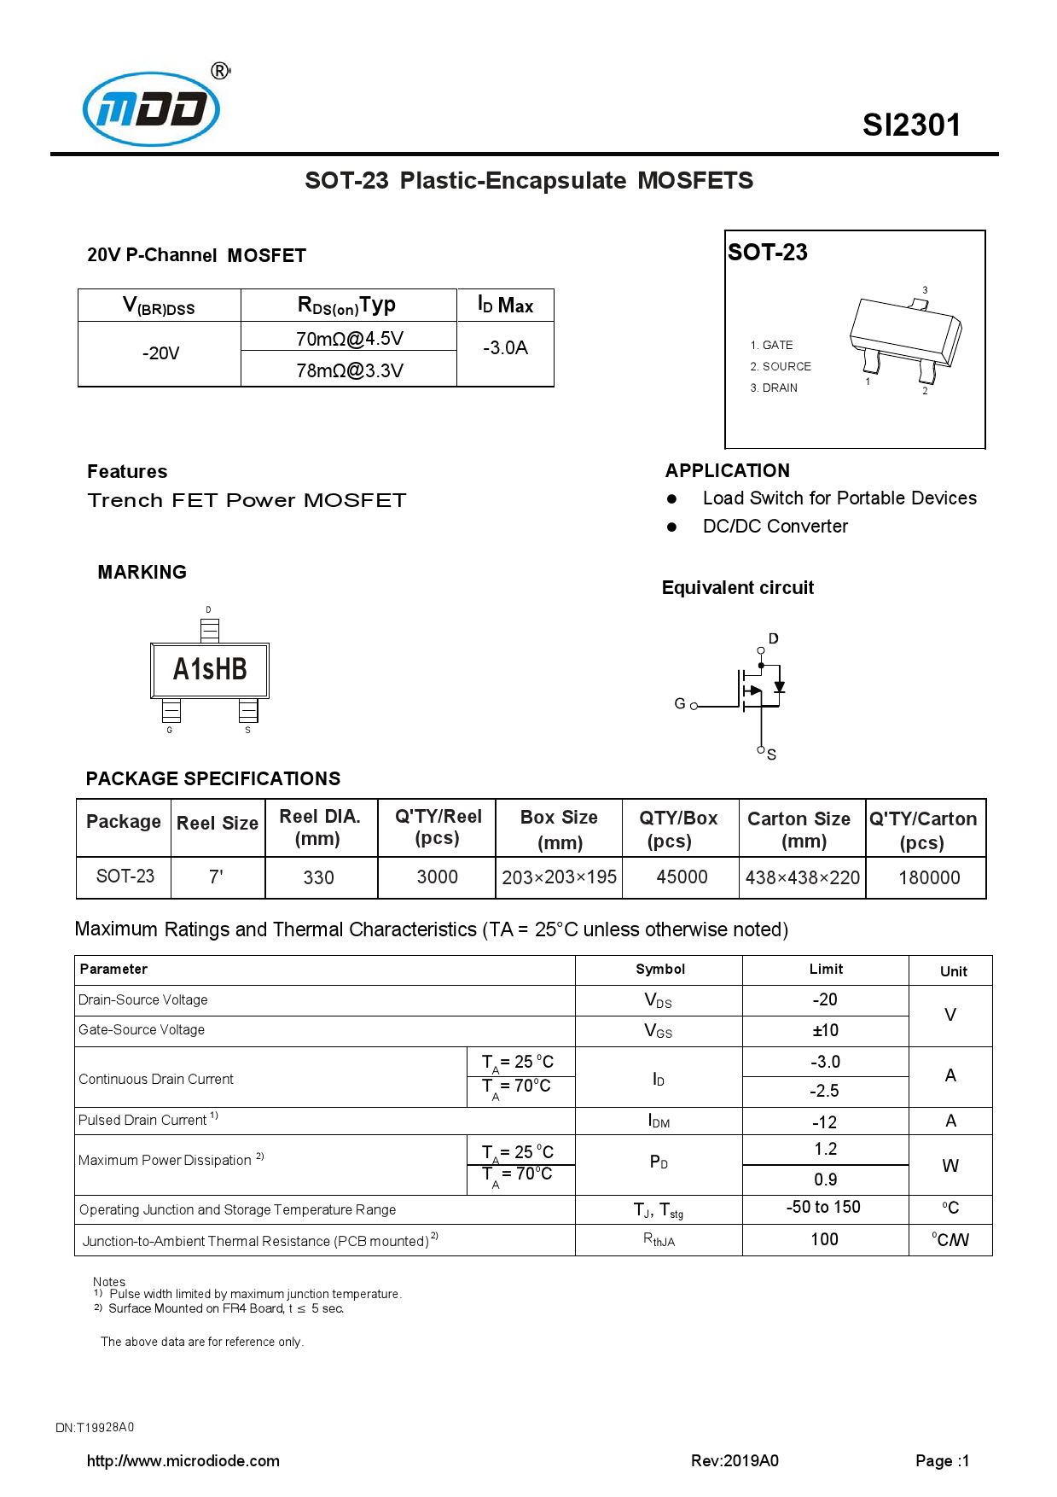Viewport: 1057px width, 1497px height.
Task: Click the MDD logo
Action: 152,108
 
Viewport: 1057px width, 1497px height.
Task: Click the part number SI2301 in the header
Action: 911,125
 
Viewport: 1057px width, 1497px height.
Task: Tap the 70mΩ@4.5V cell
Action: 349,338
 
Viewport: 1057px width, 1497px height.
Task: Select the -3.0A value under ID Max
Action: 505,347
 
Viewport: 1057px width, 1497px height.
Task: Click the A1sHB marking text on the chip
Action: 210,669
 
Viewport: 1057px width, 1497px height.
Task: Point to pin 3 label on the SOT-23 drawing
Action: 925,290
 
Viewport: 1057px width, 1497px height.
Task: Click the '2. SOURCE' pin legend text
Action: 780,366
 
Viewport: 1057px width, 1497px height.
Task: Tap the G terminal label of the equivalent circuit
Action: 680,703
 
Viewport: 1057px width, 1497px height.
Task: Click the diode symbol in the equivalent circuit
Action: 779,686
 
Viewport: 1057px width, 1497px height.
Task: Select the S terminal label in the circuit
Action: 771,754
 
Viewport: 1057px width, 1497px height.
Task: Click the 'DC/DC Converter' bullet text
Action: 775,527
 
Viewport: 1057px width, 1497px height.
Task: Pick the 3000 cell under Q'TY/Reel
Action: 437,877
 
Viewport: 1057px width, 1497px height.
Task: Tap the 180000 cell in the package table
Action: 928,877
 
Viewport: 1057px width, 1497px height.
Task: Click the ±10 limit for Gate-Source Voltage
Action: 825,1030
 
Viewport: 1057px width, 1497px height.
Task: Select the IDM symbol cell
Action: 659,1121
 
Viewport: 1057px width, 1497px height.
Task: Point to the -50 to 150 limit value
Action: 823,1207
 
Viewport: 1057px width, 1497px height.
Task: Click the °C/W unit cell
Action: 950,1239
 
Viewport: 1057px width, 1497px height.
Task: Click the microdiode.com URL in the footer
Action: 183,1460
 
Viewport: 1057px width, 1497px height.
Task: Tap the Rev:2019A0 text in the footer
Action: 735,1460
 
